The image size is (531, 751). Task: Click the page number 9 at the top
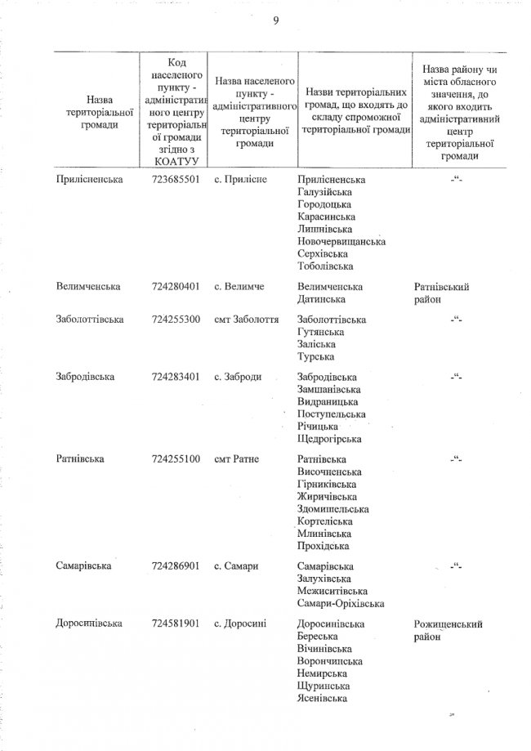[276, 21]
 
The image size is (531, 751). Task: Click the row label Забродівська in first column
[85, 377]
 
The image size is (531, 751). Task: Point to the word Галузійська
[326, 191]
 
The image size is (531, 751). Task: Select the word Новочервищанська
[341, 241]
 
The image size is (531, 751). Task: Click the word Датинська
[321, 300]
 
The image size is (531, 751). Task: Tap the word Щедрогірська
[329, 439]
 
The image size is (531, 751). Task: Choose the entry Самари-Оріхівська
[341, 603]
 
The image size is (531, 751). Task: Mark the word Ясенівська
[324, 698]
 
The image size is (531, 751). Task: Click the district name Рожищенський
[448, 624]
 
